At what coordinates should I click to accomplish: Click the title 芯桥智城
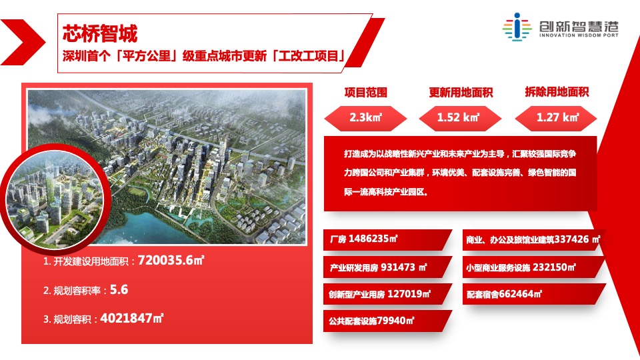(x=99, y=32)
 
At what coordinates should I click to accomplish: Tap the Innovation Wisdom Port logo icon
(x=516, y=27)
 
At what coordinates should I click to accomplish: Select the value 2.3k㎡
(x=365, y=118)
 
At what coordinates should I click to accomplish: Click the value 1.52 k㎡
(x=459, y=118)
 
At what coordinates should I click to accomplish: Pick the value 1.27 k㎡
(x=557, y=118)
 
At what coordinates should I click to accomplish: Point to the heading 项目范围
(x=365, y=93)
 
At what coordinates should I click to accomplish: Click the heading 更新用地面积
(x=461, y=93)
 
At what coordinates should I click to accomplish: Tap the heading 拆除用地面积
(x=557, y=93)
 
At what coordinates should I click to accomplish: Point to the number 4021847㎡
(x=131, y=318)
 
